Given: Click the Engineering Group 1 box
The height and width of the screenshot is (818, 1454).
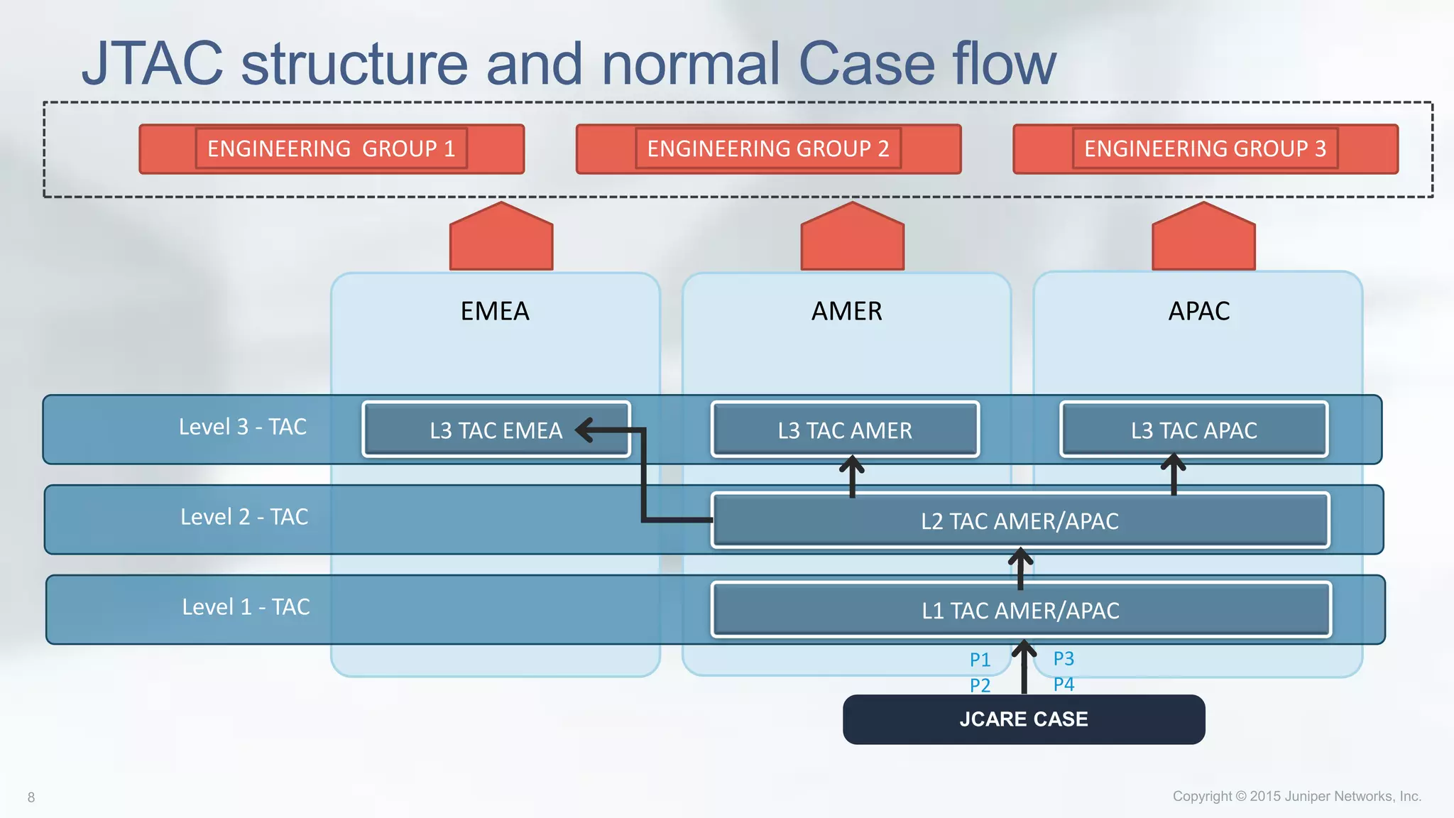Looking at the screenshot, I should [331, 148].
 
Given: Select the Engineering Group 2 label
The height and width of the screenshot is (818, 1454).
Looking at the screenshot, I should [767, 148].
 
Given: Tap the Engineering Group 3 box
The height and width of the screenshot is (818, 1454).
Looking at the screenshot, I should [1205, 148].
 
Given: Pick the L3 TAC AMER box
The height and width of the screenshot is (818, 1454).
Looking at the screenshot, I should [845, 430].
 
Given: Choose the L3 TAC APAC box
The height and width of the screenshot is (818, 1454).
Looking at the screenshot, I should [1193, 430].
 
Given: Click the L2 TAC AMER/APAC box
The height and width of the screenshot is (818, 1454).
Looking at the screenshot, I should [1020, 520].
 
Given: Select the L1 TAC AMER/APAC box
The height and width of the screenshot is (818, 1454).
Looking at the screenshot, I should [1020, 610].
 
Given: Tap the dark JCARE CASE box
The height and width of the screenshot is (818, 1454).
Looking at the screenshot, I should [1023, 719].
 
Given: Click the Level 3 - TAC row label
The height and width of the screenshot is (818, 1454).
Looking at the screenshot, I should [242, 427].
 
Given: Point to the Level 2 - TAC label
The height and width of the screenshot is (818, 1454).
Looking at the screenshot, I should [244, 517].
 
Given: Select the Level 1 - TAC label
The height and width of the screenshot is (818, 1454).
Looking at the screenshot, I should [246, 607].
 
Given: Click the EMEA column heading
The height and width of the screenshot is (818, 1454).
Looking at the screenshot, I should [495, 311].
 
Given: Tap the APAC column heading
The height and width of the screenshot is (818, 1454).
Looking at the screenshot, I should [1198, 311].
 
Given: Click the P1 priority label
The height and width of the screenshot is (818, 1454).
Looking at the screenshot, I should [980, 660].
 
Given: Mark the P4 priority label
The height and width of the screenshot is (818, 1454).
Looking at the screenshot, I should [1064, 685].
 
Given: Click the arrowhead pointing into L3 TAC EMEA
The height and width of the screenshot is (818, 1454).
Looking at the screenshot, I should [585, 430].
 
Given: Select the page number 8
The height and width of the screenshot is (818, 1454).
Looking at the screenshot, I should [31, 797].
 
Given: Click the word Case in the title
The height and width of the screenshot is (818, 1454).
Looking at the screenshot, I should [867, 64].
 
